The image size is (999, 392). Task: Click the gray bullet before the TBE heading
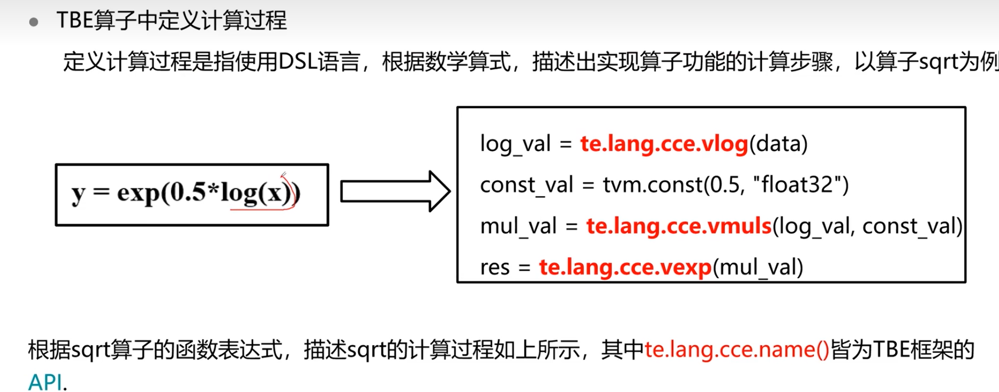pos(34,22)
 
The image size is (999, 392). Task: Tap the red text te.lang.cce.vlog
pos(664,144)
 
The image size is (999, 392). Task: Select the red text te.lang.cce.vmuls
pos(679,226)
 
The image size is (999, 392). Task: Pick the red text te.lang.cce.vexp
pos(625,267)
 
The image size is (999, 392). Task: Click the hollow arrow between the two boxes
pos(395,192)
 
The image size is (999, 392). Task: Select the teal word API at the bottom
pos(45,382)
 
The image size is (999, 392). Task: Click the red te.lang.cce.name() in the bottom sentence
pos(736,350)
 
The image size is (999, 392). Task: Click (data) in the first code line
pos(778,144)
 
